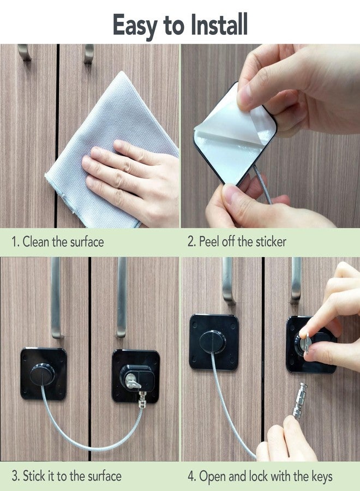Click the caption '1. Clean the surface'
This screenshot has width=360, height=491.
[x=58, y=242]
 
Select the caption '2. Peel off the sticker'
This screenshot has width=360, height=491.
[x=237, y=242]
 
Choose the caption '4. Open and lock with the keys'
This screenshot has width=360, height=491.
[x=260, y=476]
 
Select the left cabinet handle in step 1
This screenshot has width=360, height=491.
[x=24, y=52]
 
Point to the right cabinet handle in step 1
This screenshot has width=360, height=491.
[x=88, y=53]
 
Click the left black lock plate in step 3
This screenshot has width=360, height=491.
[x=44, y=374]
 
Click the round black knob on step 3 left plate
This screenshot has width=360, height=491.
[x=42, y=375]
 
